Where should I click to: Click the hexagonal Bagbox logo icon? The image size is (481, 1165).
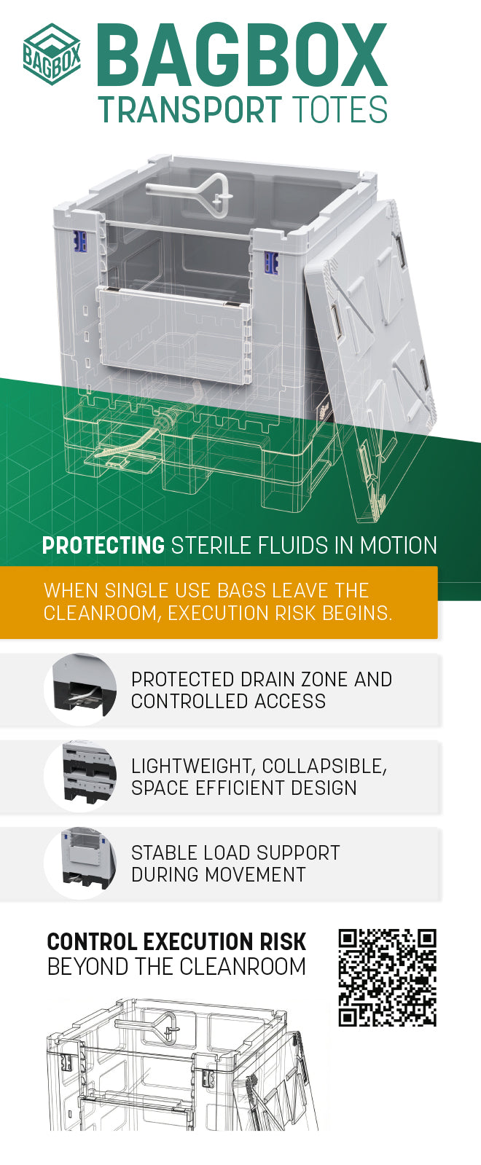52,54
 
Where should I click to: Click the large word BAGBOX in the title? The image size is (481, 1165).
242,55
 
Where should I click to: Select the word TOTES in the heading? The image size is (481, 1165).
340,110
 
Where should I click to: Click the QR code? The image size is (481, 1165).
388,977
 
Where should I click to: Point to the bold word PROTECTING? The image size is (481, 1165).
103,546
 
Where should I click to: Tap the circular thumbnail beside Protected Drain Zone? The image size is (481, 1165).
81,690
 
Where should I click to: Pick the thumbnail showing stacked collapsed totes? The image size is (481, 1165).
81,777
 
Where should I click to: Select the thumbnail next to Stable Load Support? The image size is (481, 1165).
81,863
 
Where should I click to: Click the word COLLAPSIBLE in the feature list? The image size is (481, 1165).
324,766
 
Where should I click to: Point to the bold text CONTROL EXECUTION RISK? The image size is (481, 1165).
177,942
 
